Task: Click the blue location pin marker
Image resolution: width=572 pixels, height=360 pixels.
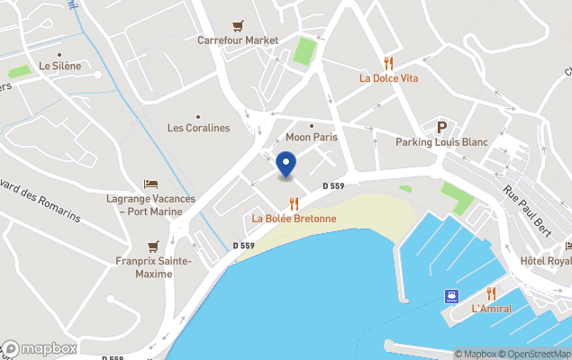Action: [286, 165]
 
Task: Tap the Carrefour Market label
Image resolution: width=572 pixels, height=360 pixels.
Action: [238, 40]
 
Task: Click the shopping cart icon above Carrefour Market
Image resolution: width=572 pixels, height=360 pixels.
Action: [238, 25]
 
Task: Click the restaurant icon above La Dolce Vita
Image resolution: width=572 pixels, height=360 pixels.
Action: [388, 62]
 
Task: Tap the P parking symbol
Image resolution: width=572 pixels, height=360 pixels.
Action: [441, 127]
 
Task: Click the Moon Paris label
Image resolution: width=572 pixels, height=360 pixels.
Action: [311, 138]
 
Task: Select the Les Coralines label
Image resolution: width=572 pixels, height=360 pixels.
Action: [198, 128]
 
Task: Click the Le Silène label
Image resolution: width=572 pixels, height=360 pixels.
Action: [59, 66]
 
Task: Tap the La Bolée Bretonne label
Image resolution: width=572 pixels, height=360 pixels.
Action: [294, 218]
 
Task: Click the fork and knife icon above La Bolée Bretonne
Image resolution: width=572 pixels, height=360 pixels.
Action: [294, 203]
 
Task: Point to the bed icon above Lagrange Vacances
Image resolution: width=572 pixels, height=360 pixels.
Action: [150, 184]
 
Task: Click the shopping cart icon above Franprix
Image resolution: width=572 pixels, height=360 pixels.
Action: [153, 246]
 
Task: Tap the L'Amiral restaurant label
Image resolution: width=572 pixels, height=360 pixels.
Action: [491, 309]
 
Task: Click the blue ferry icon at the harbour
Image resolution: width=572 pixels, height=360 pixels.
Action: [449, 296]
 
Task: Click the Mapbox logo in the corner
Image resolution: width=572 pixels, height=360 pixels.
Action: [40, 348]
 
